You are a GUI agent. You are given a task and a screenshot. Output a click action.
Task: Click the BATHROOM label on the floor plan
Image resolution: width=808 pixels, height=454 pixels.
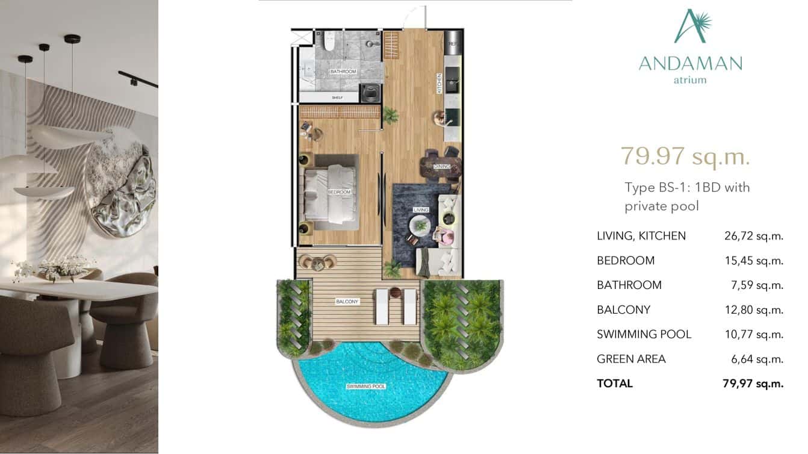click(343, 72)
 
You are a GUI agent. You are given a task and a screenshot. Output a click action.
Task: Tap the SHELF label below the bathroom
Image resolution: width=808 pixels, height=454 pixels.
click(337, 97)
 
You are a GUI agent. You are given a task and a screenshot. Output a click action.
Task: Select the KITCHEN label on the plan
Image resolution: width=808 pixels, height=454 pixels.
click(440, 83)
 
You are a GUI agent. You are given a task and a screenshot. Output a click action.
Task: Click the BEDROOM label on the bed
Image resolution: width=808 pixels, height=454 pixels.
click(338, 192)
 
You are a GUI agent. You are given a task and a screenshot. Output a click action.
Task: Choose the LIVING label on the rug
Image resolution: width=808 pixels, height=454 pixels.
click(421, 210)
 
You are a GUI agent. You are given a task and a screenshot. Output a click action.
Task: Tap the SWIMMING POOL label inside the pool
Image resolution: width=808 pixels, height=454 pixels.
click(366, 386)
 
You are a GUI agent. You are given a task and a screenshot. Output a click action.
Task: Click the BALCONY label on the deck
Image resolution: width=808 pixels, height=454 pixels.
click(347, 301)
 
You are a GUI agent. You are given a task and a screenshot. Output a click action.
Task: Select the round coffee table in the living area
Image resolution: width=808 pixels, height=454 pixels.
click(420, 226)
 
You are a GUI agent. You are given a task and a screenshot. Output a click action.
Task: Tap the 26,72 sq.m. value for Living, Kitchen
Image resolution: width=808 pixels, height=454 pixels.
click(753, 236)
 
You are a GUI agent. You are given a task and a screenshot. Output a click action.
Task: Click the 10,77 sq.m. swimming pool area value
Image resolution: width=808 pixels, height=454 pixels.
click(753, 334)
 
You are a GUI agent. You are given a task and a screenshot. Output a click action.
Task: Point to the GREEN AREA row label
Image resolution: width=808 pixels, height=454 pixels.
click(631, 359)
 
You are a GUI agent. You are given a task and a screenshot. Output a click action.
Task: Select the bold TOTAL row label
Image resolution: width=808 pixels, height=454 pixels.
click(615, 384)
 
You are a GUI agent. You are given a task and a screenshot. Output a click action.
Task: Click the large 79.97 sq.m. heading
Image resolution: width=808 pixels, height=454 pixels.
click(685, 156)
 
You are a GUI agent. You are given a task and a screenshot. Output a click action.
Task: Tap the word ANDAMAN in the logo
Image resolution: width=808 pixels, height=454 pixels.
click(690, 63)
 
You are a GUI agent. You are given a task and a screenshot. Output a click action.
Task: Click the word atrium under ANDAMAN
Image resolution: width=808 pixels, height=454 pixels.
click(690, 79)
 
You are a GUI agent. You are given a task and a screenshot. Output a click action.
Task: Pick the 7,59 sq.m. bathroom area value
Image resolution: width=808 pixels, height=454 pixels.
click(756, 285)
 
